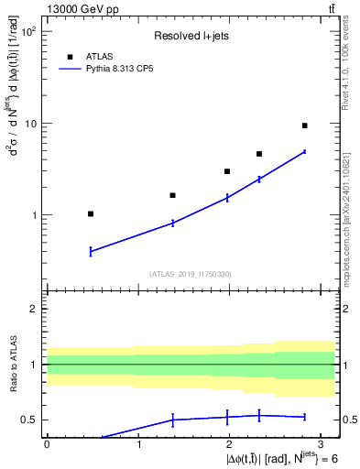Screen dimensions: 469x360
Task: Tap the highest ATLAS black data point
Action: pos(304,125)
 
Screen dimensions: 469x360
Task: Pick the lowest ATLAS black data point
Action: pos(90,213)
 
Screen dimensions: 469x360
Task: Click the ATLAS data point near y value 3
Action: pos(227,171)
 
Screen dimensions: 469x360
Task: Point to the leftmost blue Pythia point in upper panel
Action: pos(90,251)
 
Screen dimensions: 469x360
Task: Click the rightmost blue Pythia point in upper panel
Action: pos(304,152)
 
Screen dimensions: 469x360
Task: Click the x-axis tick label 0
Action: pos(47,444)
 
